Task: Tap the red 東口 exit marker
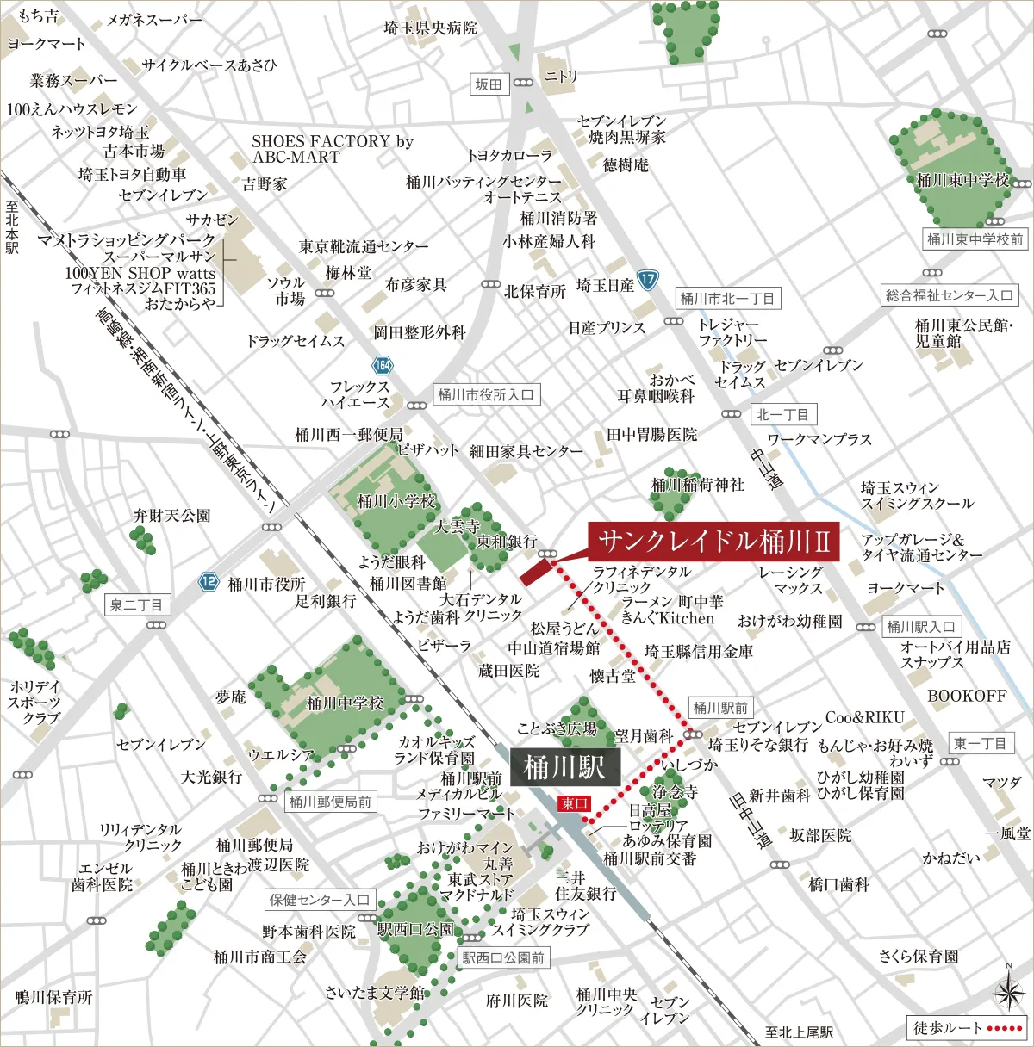point(574,803)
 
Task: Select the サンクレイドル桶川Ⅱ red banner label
point(714,542)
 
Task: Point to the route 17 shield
point(648,279)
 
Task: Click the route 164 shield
point(383,364)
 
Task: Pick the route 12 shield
point(209,581)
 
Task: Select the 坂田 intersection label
point(489,84)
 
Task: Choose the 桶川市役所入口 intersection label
point(486,394)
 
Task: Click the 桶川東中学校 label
point(962,180)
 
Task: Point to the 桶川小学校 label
point(396,500)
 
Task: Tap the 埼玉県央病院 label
point(430,28)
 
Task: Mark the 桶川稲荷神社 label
point(698,485)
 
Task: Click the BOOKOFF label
point(967,696)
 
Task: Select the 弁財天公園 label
point(171,515)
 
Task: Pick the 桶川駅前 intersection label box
point(720,708)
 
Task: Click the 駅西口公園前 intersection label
point(503,957)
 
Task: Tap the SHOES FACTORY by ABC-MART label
point(333,149)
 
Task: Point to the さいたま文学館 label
point(375,993)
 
